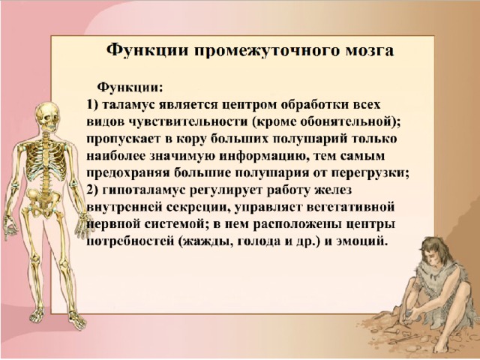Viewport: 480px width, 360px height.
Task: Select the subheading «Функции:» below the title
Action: (x=130, y=88)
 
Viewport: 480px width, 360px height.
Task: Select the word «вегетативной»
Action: (x=350, y=208)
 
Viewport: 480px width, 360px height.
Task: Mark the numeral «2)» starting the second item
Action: (x=92, y=190)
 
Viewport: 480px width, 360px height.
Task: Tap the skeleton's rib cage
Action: (x=45, y=161)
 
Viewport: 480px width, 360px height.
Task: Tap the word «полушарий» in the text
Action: (x=310, y=139)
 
